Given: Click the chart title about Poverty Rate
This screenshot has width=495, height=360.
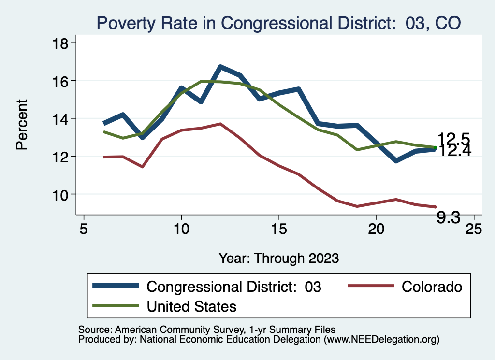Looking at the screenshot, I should (278, 23).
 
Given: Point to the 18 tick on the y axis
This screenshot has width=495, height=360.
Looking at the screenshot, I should (62, 43).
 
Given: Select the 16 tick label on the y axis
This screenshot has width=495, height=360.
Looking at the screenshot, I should (62, 80).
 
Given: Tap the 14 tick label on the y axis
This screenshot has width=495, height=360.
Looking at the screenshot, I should (62, 118).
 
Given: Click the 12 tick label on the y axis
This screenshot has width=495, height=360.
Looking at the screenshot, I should (62, 156).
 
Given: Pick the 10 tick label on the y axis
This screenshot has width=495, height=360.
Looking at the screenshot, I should (62, 194).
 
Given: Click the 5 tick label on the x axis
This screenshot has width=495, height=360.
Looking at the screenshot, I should (84, 228).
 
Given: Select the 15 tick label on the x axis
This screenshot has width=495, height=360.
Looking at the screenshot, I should (278, 228).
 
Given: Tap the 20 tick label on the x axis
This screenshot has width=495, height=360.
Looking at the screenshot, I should (376, 228).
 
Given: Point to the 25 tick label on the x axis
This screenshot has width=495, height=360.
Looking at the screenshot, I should (474, 228).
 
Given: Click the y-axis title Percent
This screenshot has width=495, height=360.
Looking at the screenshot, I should (22, 124).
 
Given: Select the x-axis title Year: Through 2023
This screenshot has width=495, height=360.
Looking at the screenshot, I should (278, 258).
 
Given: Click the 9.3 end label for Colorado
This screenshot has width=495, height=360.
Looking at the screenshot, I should (448, 218).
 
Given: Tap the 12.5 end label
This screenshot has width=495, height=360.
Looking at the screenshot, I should (453, 139).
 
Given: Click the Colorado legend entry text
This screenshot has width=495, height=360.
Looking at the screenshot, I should (432, 287).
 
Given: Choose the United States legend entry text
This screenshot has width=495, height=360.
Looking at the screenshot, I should (191, 306).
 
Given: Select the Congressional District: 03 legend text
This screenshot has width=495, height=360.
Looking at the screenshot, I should (234, 287).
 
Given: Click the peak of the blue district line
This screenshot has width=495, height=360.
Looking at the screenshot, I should (220, 67).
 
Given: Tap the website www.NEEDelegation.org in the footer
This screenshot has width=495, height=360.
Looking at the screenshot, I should (381, 339).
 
